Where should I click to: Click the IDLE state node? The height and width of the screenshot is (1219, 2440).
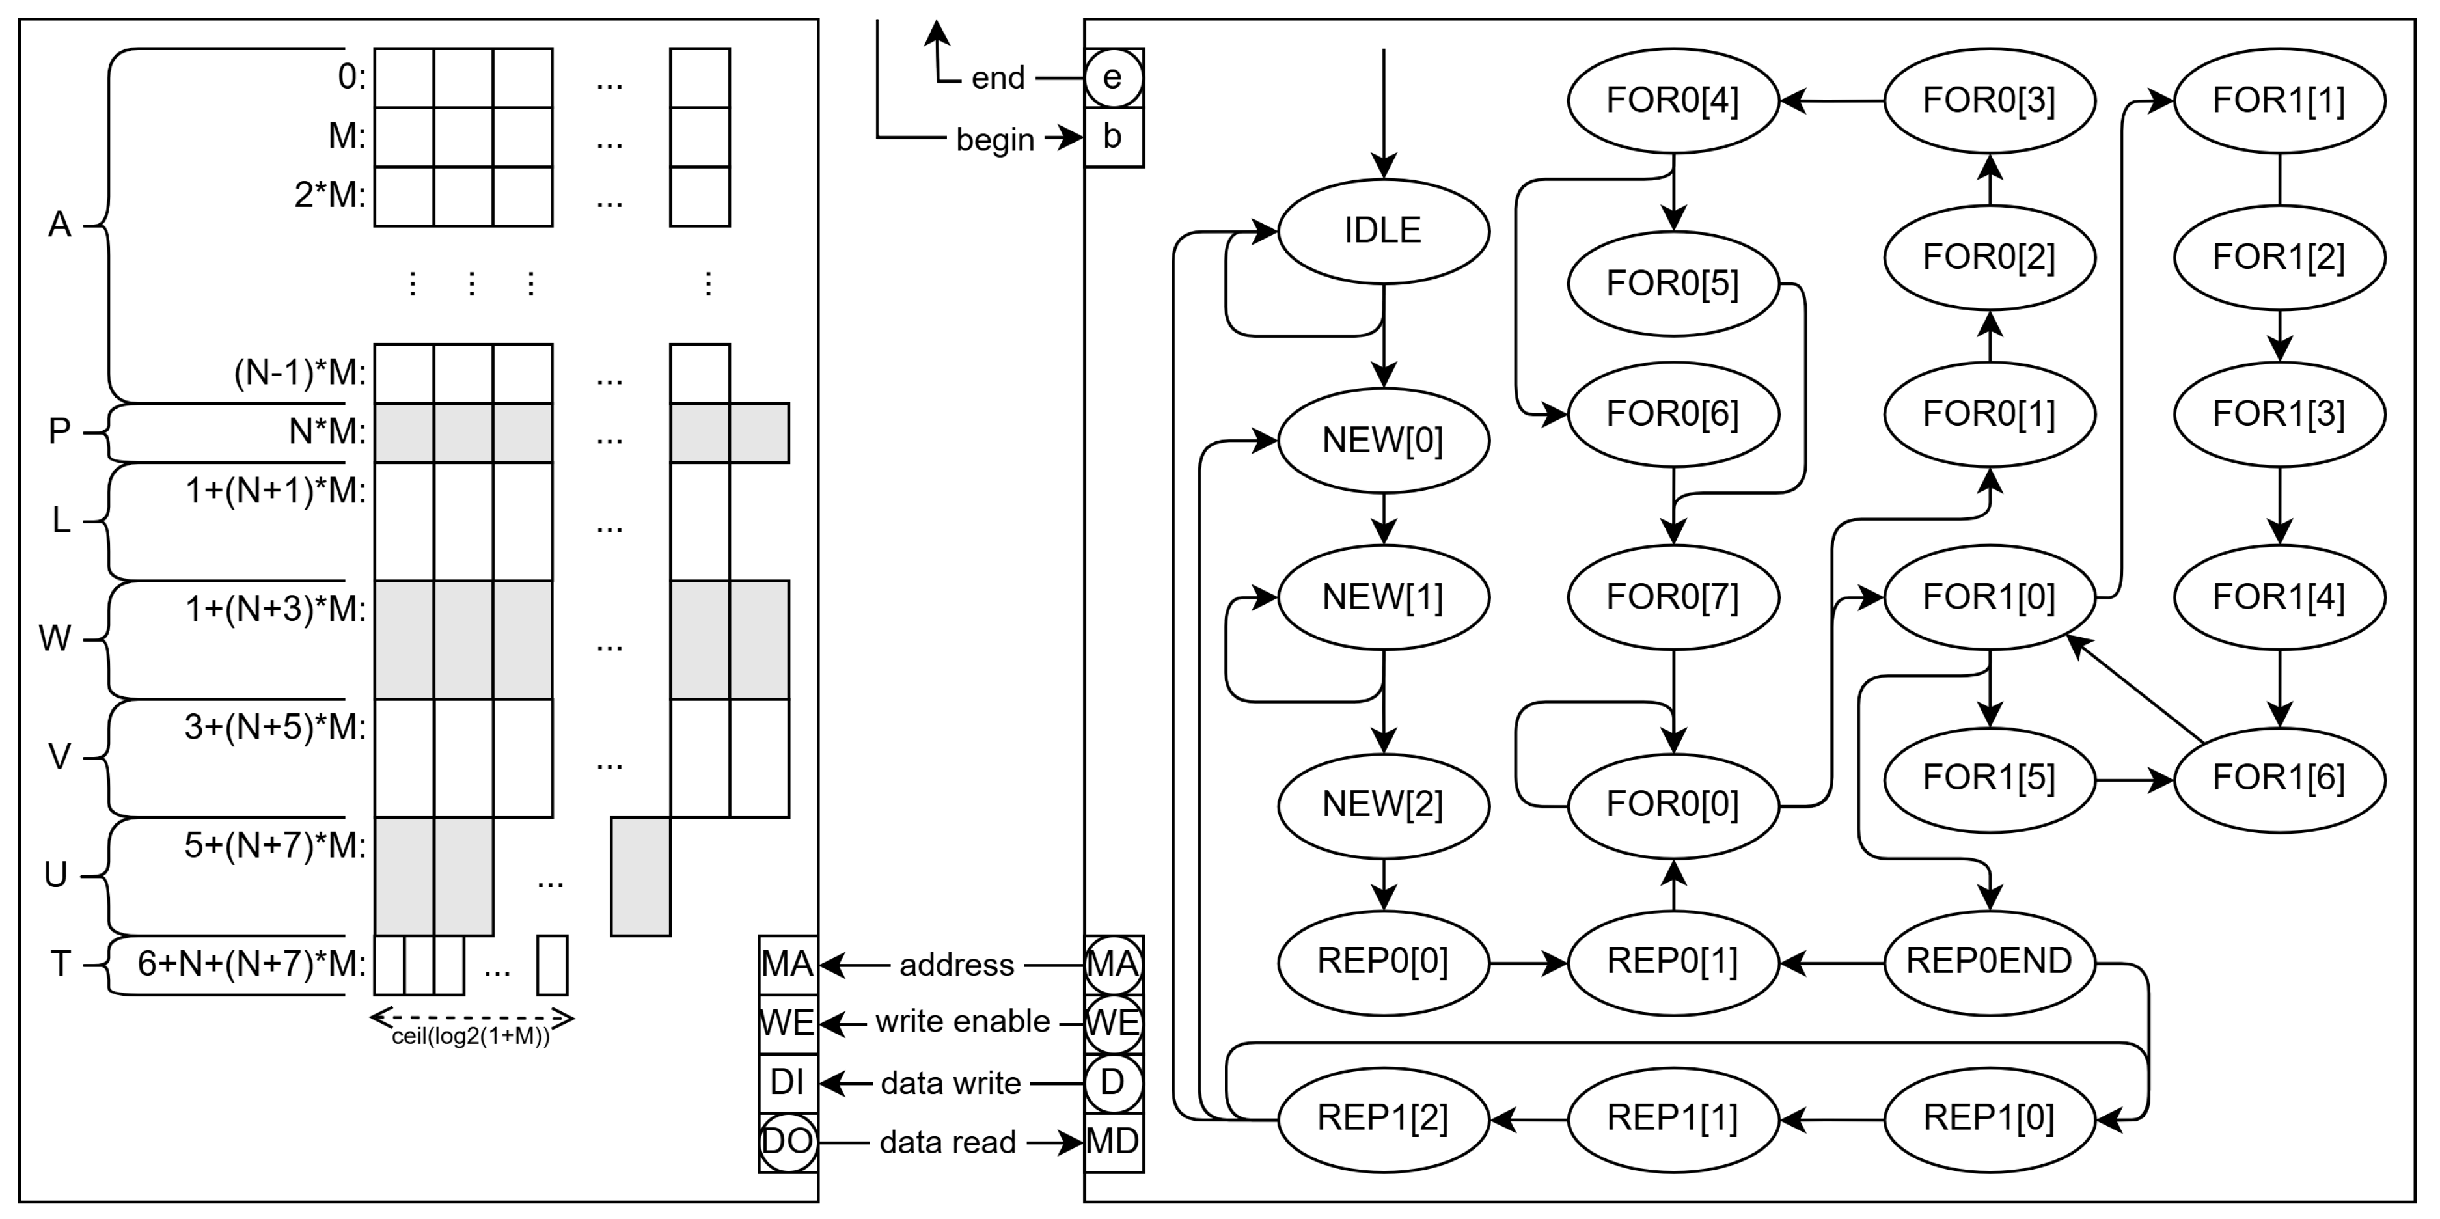tap(1383, 231)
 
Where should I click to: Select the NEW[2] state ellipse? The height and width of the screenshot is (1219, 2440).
tap(1383, 805)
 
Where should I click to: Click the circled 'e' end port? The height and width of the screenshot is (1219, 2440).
tap(1113, 77)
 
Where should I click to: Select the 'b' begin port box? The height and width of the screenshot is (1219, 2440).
tap(1113, 138)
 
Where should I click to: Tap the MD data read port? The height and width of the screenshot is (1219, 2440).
tap(1113, 1142)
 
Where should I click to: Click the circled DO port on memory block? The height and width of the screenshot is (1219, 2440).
tap(787, 1142)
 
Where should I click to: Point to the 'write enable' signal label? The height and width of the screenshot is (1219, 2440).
tap(963, 1022)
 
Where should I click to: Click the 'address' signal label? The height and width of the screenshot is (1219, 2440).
tap(957, 965)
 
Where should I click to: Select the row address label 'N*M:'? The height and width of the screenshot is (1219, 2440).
tap(327, 432)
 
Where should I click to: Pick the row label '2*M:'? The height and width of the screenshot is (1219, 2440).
tap(329, 195)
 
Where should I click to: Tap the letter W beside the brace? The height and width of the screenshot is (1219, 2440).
tap(55, 639)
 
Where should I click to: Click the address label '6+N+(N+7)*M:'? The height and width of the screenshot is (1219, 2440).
tap(251, 965)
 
